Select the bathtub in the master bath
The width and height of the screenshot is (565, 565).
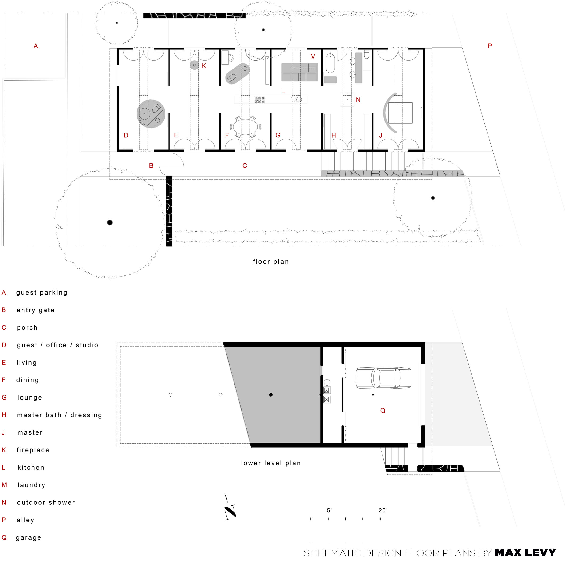click(330, 63)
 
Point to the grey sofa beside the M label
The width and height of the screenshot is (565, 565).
click(300, 72)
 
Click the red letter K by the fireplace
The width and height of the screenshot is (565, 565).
click(204, 66)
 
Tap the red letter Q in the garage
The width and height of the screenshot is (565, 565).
click(383, 411)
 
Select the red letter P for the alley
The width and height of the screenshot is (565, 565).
click(490, 46)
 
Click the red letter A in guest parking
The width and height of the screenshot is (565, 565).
click(36, 46)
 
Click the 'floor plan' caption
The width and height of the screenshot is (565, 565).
click(271, 262)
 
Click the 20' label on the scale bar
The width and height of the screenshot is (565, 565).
click(383, 510)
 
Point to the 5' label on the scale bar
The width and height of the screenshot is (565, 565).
click(329, 510)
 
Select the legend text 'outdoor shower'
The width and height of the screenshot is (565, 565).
click(46, 502)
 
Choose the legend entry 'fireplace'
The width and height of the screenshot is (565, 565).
click(33, 450)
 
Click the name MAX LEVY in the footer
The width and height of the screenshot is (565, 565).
click(525, 553)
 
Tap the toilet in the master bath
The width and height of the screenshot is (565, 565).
click(367, 54)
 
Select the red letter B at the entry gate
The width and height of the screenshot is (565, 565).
click(151, 165)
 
